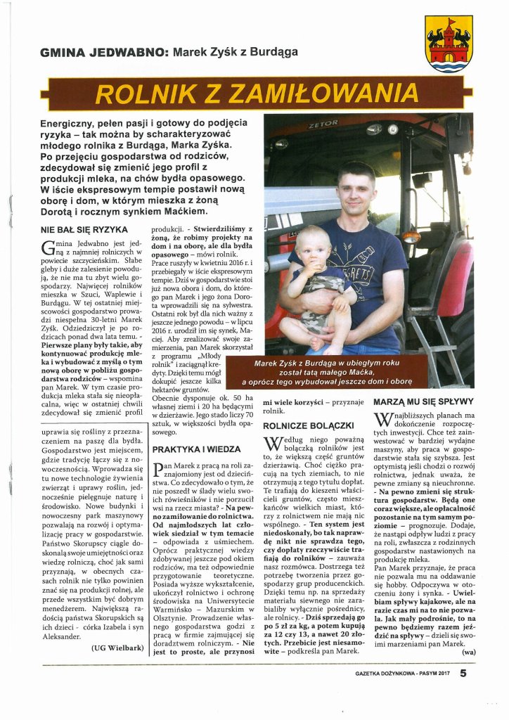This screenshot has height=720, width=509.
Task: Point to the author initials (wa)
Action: point(465,652)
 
